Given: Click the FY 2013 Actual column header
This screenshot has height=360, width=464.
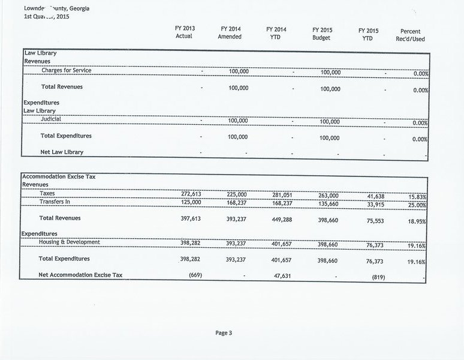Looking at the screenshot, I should [184, 32].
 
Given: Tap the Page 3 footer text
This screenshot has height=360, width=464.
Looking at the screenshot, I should [224, 333].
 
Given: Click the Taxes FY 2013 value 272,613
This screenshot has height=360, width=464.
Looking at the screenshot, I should [191, 194].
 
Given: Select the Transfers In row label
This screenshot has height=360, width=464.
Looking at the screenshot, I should [55, 202].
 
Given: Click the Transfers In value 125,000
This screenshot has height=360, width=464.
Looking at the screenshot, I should [191, 203].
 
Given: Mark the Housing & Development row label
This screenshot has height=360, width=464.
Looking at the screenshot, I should [70, 242].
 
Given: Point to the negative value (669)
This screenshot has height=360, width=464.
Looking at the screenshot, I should [195, 275].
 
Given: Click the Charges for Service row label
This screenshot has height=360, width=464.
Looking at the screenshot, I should [67, 70].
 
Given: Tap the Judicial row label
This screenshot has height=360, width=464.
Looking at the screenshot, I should [51, 119].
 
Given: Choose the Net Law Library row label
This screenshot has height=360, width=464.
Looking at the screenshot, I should [62, 152].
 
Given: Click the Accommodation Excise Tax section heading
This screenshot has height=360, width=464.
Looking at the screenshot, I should [59, 177].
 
